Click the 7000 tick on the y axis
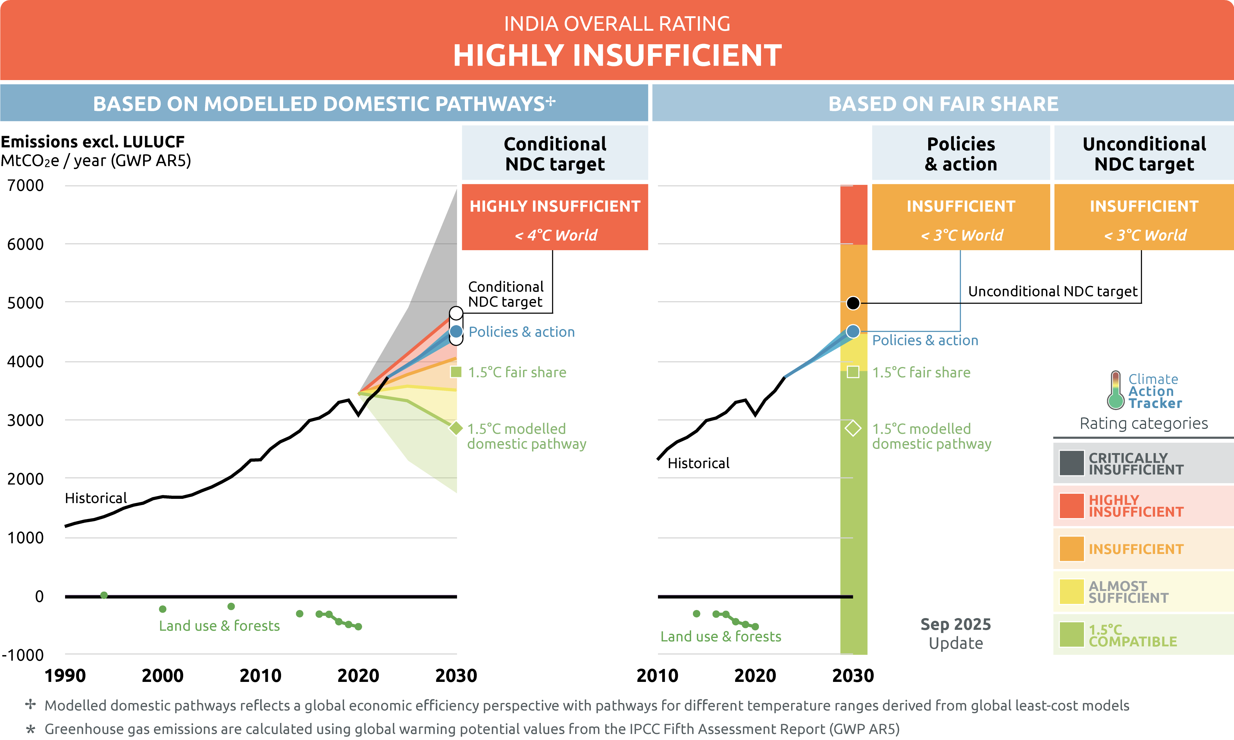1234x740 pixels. coord(25,185)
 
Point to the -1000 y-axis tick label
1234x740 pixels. coord(23,655)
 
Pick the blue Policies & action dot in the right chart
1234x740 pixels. coord(853,331)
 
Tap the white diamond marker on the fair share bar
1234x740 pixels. coord(853,428)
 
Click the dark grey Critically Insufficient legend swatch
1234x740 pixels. coord(1071,463)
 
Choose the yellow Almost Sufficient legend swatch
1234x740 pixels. coord(1071,592)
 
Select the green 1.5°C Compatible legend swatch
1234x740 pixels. coord(1071,635)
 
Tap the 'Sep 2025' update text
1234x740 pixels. coord(956,624)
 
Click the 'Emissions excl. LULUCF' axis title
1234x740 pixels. coord(93,142)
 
